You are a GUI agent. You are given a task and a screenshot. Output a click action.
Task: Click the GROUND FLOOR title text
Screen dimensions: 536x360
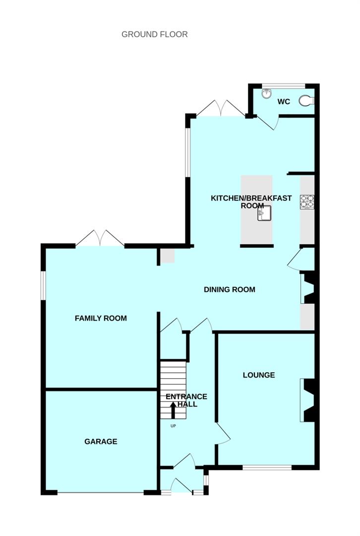[x=155, y=34]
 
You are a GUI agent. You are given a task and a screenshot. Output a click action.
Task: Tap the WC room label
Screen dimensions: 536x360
[x=284, y=102]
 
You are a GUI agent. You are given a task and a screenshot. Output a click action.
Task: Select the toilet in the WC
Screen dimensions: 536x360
[x=307, y=101]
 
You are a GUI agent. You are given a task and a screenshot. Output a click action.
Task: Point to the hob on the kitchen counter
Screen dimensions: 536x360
[x=307, y=201]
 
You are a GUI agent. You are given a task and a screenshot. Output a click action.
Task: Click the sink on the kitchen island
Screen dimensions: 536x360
[x=264, y=214]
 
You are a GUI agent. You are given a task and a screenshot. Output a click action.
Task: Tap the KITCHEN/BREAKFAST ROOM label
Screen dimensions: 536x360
[x=251, y=201]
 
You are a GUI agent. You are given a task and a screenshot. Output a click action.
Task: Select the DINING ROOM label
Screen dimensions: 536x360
[x=230, y=289]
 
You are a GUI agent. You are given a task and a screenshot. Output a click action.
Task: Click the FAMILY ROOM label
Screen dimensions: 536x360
[x=101, y=318]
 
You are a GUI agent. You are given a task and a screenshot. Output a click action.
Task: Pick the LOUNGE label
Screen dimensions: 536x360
[x=259, y=375]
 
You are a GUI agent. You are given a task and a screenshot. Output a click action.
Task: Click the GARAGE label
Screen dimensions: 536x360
[x=101, y=441]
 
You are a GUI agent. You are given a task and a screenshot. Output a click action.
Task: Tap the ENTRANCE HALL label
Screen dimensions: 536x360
[x=186, y=400]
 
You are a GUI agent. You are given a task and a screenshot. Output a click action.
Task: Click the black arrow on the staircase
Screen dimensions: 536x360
[x=173, y=410]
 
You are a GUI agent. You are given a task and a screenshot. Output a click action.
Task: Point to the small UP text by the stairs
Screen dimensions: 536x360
[x=173, y=426]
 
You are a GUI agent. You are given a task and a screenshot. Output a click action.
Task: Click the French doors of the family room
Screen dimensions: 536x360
[x=100, y=239]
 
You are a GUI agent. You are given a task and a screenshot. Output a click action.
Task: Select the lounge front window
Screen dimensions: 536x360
[x=267, y=467]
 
